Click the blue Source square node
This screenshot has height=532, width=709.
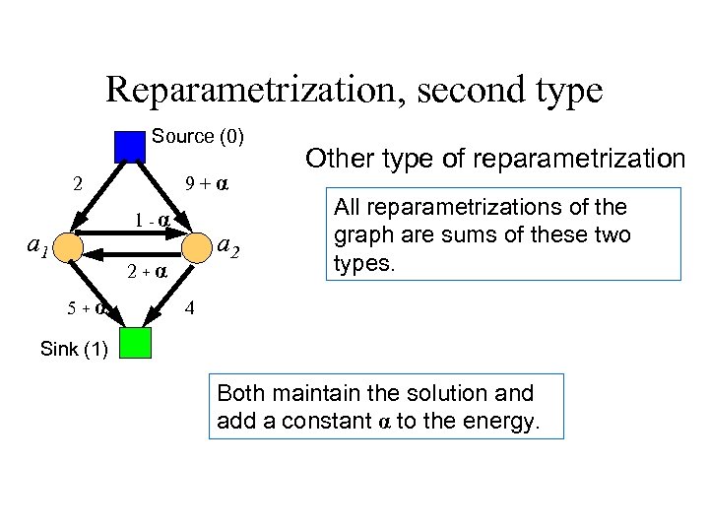pos(130,146)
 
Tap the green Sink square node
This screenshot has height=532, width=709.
pos(135,343)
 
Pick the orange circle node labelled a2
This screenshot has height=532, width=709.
pos(197,243)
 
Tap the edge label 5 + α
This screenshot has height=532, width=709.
pos(88,307)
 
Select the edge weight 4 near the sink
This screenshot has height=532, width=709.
pos(191,307)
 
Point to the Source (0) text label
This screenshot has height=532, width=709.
pos(198,136)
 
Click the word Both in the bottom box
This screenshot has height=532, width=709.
pos(239,393)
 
